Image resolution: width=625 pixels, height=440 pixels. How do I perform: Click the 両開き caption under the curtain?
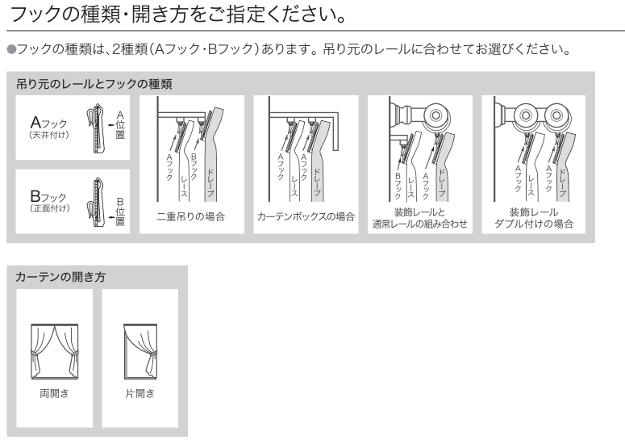pyautogui.click(x=54, y=393)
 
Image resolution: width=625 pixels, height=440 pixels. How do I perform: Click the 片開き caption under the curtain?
pyautogui.click(x=140, y=393)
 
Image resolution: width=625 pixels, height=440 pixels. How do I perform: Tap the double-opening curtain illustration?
pyautogui.click(x=55, y=351)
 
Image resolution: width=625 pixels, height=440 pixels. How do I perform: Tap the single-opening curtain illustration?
pyautogui.click(x=140, y=351)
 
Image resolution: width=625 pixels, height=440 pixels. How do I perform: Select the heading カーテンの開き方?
pyautogui.click(x=60, y=276)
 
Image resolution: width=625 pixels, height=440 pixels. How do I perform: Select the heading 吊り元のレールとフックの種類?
pyautogui.click(x=94, y=84)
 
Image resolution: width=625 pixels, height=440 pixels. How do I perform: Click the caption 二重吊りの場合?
pyautogui.click(x=191, y=216)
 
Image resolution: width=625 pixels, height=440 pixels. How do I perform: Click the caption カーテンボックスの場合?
pyautogui.click(x=306, y=216)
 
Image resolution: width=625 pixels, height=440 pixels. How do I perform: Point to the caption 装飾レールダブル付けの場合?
pyautogui.click(x=534, y=218)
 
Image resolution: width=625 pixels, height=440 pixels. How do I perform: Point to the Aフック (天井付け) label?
pyautogui.click(x=49, y=128)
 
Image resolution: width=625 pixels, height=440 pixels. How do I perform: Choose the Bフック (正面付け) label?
pyautogui.click(x=50, y=201)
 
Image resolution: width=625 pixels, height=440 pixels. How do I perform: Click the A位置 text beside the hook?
pyautogui.click(x=120, y=125)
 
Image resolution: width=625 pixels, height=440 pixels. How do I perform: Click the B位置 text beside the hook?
pyautogui.click(x=120, y=212)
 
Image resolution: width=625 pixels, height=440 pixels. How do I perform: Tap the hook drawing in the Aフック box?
pyautogui.click(x=97, y=128)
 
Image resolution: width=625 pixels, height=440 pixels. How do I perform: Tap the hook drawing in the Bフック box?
pyautogui.click(x=97, y=203)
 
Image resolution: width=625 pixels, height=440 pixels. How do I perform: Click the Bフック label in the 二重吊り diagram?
pyautogui.click(x=194, y=166)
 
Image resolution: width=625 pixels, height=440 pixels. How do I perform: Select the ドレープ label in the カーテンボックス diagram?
pyautogui.click(x=317, y=182)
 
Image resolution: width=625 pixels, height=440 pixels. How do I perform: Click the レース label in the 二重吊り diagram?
pyautogui.click(x=184, y=186)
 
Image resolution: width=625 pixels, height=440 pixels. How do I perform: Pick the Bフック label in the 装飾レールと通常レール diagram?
pyautogui.click(x=398, y=186)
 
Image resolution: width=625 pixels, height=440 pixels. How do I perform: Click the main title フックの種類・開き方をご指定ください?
pyautogui.click(x=177, y=14)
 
